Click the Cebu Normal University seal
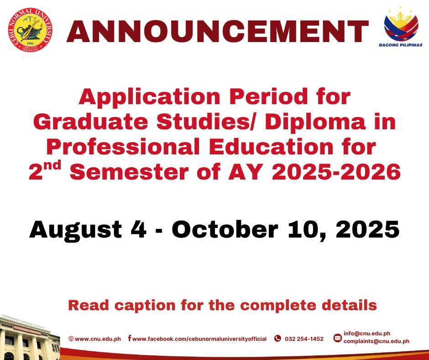click(x=30, y=30)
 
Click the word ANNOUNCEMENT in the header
click(x=218, y=31)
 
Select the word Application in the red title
click(x=149, y=97)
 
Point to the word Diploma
click(x=315, y=122)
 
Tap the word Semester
click(x=130, y=172)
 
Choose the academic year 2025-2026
click(x=336, y=172)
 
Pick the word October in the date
click(x=225, y=229)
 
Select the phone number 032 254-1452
click(x=304, y=339)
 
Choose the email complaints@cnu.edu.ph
click(x=377, y=341)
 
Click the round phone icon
click(x=277, y=339)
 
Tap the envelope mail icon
click(x=338, y=338)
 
